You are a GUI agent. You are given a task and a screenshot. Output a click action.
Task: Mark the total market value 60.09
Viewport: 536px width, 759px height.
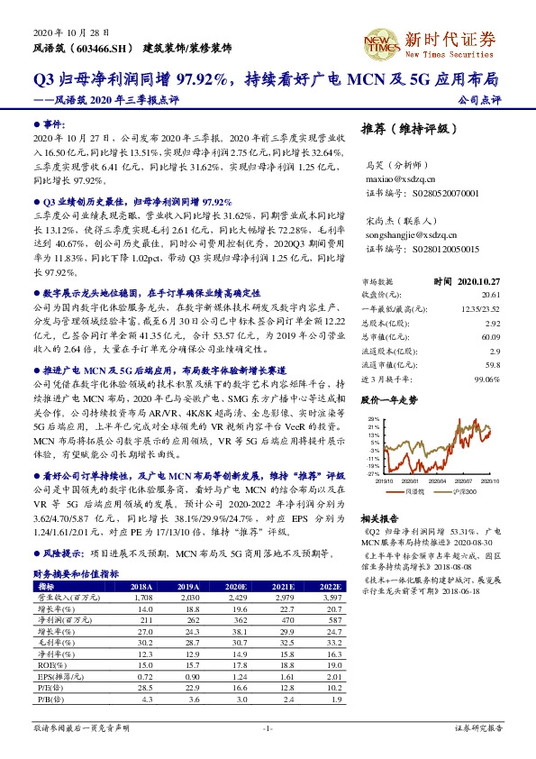490,336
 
